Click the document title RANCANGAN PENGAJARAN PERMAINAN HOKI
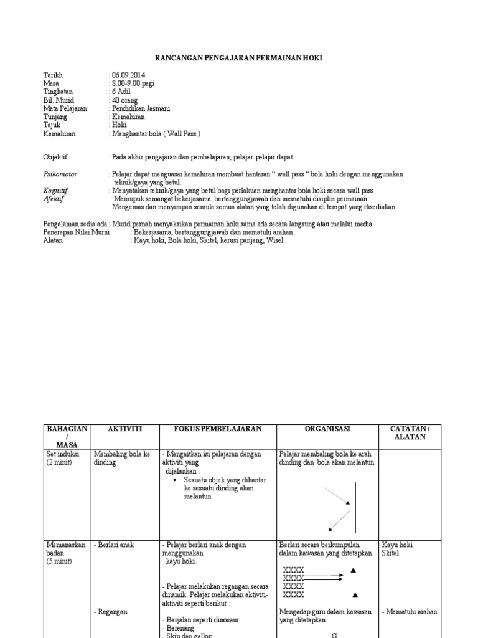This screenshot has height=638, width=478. (x=239, y=58)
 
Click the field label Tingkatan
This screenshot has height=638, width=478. (x=58, y=92)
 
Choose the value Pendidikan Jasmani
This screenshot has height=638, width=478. (x=141, y=108)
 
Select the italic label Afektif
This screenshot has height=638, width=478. (x=54, y=199)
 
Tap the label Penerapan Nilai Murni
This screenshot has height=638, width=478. (x=76, y=232)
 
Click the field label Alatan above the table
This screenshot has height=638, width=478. (x=53, y=240)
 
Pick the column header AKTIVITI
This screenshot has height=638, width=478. (x=125, y=429)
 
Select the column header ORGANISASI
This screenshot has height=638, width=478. (x=327, y=429)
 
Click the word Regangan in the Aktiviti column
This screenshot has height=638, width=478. (x=112, y=612)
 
